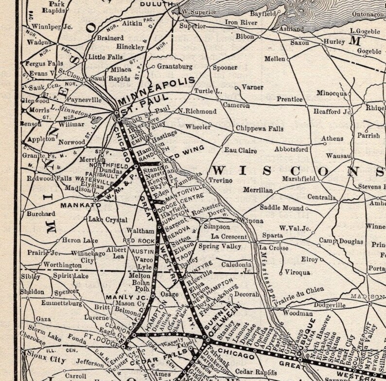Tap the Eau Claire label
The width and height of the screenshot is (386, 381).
click(240, 150)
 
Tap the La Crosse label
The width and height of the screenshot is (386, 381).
click(278, 247)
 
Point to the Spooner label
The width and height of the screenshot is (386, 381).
click(225, 68)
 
